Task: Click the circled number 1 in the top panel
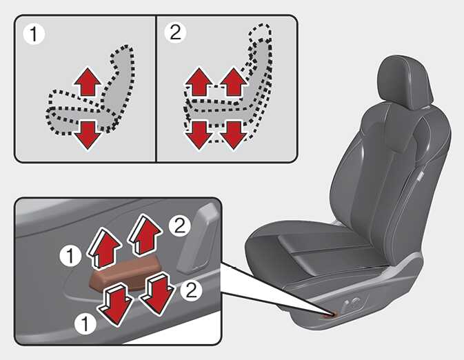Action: (x=34, y=34)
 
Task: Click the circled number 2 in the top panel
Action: (x=175, y=32)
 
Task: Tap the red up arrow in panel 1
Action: (x=88, y=81)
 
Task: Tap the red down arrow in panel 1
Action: (x=88, y=135)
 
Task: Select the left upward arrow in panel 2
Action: (x=199, y=81)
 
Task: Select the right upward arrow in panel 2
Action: (x=234, y=81)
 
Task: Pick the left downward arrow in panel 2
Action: (x=199, y=135)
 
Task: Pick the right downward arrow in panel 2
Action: (x=234, y=135)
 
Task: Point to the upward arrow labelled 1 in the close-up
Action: (x=104, y=248)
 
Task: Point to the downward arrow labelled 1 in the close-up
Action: (x=116, y=304)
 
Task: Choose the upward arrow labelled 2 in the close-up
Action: (x=144, y=234)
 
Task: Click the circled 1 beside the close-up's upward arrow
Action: (x=70, y=256)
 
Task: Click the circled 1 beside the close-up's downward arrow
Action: (x=85, y=323)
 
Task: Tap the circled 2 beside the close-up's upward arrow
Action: (x=180, y=226)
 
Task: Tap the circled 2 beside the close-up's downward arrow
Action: (x=191, y=290)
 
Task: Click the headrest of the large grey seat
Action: (x=405, y=81)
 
